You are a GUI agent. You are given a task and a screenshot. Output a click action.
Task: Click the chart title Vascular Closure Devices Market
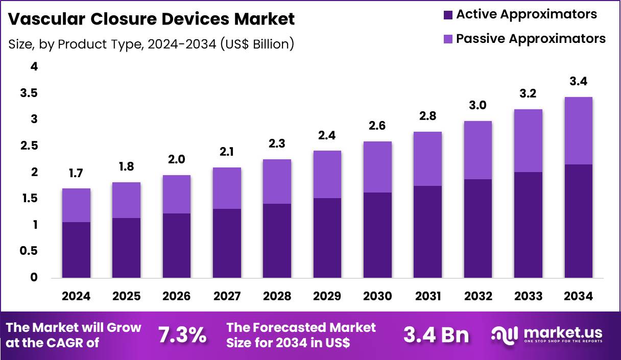click(152, 19)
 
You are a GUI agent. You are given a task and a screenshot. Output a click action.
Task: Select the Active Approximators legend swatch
click(448, 15)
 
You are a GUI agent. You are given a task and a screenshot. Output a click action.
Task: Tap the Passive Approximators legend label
click(531, 39)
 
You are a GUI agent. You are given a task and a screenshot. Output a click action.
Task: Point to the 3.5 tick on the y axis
click(29, 93)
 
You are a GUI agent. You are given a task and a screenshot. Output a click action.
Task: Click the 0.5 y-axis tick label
click(29, 251)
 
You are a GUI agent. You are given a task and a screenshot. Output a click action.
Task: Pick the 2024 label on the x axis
click(76, 297)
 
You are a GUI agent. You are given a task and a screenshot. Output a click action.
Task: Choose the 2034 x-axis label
click(579, 297)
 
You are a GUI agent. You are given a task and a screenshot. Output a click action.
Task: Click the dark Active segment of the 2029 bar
click(327, 238)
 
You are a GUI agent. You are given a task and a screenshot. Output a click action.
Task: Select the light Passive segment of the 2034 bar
click(579, 131)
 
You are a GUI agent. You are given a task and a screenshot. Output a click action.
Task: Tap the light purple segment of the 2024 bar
click(76, 205)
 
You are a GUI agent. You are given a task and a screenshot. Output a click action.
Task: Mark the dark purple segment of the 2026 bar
click(177, 246)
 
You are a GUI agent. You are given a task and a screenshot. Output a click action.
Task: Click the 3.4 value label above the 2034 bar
click(579, 82)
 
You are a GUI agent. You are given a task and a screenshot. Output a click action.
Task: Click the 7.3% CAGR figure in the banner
click(182, 335)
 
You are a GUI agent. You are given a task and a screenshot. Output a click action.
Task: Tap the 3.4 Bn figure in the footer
click(436, 335)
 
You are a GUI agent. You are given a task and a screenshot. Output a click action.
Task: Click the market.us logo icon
click(504, 335)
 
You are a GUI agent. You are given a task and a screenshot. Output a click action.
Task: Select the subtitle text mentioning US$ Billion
click(151, 44)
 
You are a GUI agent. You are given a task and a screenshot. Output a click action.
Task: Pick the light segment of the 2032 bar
click(478, 150)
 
